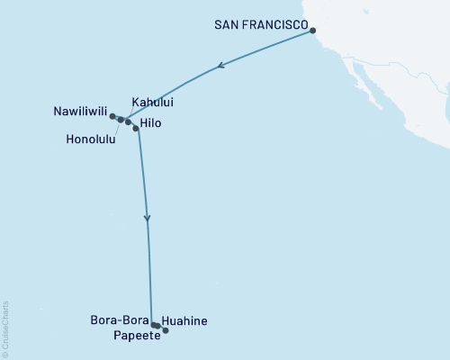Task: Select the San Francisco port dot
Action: (x=313, y=31)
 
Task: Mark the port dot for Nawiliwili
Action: (x=112, y=116)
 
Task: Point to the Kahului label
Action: (x=152, y=103)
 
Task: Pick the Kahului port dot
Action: (x=128, y=121)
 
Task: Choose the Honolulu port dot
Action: (x=120, y=119)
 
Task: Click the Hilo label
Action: (x=152, y=124)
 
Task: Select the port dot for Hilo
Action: (x=136, y=129)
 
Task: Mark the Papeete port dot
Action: (x=165, y=330)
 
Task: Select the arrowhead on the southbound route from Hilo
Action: (x=148, y=219)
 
